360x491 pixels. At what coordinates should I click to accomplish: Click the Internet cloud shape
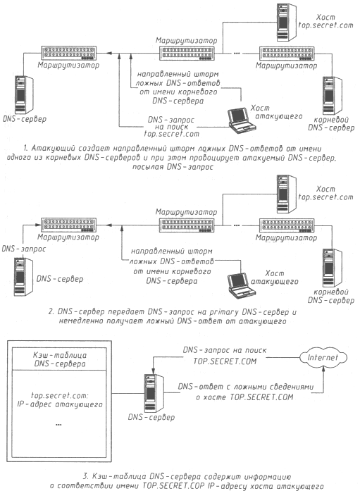click(x=323, y=358)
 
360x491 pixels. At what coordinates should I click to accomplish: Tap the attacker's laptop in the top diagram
click(x=242, y=119)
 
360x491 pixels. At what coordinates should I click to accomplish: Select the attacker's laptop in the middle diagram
click(x=242, y=285)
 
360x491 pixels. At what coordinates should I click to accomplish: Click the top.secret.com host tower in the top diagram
click(x=286, y=22)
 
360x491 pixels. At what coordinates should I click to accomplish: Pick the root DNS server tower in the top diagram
click(x=332, y=95)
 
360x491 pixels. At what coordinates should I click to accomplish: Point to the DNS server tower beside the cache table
click(x=154, y=393)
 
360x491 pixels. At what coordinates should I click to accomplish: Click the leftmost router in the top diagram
click(x=68, y=53)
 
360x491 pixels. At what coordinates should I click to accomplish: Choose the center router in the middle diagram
click(x=187, y=225)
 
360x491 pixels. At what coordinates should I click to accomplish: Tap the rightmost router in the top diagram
click(x=287, y=54)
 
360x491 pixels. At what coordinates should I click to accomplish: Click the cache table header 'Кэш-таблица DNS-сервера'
click(x=60, y=359)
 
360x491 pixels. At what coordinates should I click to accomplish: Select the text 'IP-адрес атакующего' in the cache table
click(x=60, y=404)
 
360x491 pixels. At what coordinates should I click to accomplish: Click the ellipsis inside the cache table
click(x=58, y=425)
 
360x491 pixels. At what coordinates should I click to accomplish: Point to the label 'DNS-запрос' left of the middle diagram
click(x=24, y=249)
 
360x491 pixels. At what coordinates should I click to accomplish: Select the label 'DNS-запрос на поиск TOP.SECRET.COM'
click(x=225, y=356)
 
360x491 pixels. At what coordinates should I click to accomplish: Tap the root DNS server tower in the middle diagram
click(x=332, y=268)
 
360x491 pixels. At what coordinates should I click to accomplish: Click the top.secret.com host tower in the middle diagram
click(x=286, y=194)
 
